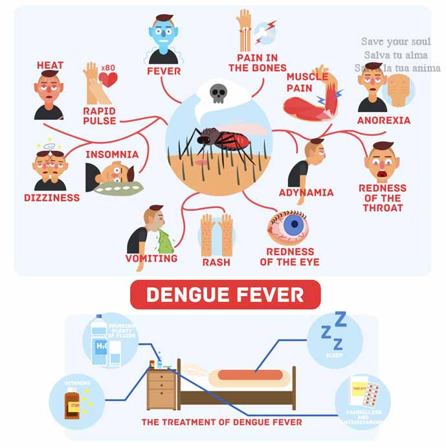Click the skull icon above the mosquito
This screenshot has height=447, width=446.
pyautogui.click(x=219, y=95)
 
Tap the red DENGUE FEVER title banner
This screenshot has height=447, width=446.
pyautogui.click(x=225, y=295)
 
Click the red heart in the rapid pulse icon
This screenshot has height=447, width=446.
pyautogui.click(x=109, y=80)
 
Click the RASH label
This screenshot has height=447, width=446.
pyautogui.click(x=216, y=262)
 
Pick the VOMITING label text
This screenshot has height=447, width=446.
pyautogui.click(x=151, y=258)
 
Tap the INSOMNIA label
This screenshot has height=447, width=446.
pyautogui.click(x=112, y=154)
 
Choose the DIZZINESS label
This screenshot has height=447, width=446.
pyautogui.click(x=52, y=198)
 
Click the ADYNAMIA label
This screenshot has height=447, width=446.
pyautogui.click(x=306, y=192)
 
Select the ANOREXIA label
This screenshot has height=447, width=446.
pyautogui.click(x=384, y=120)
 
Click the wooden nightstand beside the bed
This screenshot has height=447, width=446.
pyautogui.click(x=161, y=388)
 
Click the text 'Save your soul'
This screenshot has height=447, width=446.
pyautogui.click(x=396, y=42)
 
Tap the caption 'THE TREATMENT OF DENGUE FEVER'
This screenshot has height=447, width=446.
pyautogui.click(x=222, y=422)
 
